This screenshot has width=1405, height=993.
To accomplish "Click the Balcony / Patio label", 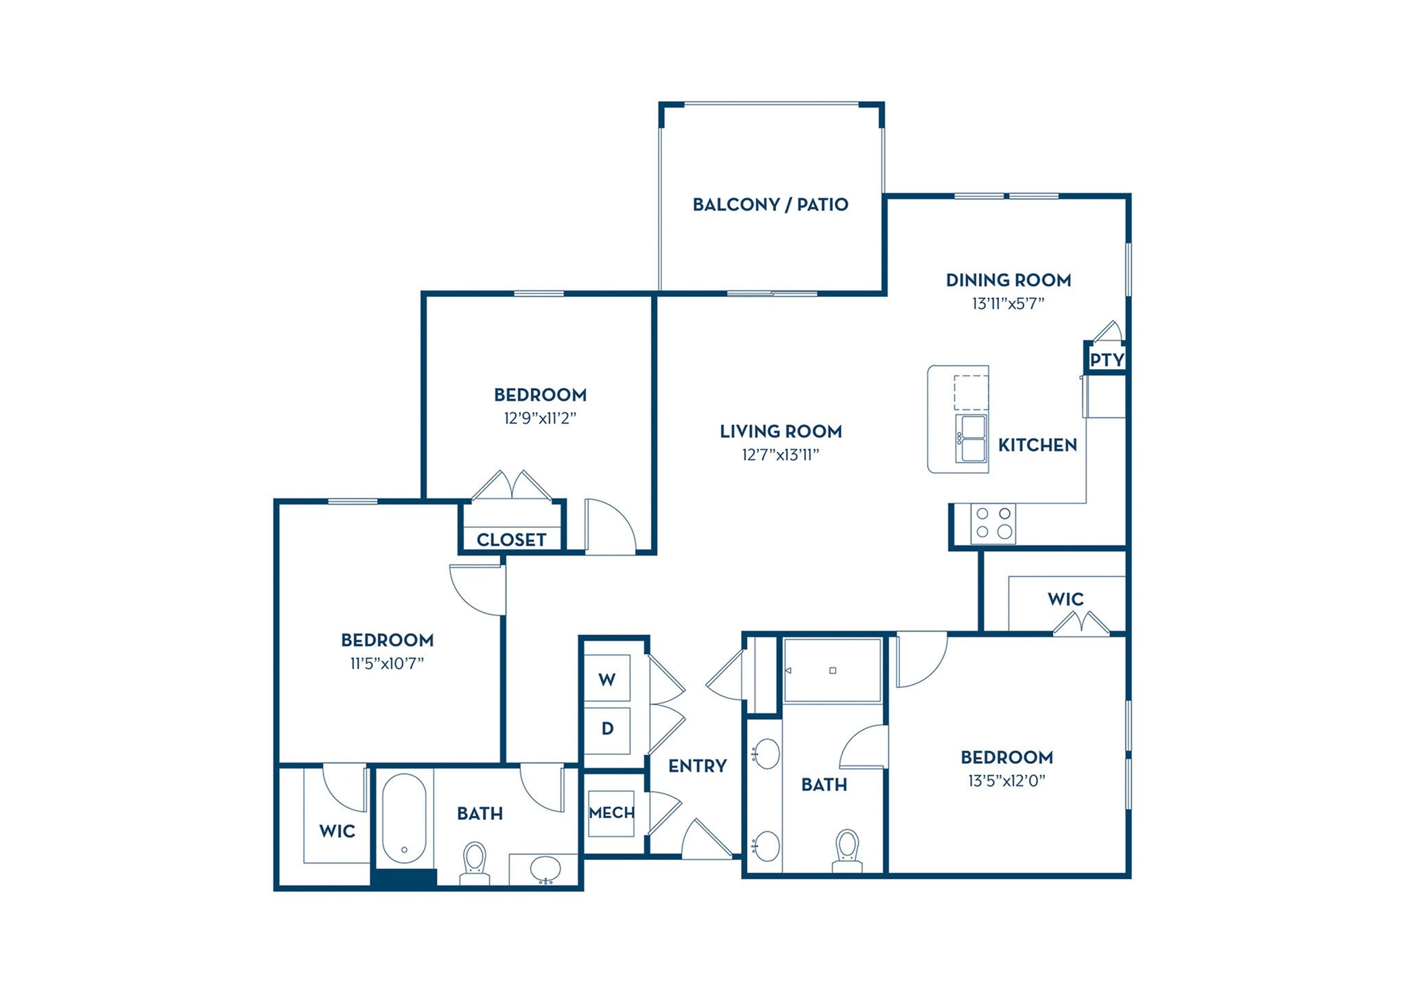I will click(770, 204).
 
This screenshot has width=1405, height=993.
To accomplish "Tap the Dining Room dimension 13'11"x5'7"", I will click(1008, 303).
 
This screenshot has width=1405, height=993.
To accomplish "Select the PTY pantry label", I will click(1107, 359).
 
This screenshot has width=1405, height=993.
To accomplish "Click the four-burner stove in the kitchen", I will click(993, 523).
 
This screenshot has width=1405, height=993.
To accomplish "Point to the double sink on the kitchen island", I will click(971, 438).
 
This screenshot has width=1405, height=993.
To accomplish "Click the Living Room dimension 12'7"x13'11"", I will click(781, 455).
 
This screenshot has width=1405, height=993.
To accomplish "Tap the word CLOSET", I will click(511, 540).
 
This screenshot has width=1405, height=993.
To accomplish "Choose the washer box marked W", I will click(606, 680).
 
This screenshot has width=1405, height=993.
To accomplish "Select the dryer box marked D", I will click(607, 728).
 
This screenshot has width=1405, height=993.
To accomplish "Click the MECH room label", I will click(611, 813).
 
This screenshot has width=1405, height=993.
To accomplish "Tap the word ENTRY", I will click(697, 766).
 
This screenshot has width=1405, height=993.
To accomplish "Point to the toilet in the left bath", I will click(475, 863).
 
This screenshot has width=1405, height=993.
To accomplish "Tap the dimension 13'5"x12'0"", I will click(1006, 780).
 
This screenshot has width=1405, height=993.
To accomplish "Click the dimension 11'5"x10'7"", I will click(387, 663).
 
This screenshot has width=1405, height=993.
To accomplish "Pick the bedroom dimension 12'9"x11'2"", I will click(540, 418).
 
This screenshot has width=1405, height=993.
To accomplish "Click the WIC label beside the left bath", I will click(337, 831).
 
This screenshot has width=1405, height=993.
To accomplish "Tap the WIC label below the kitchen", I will click(1065, 599).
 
